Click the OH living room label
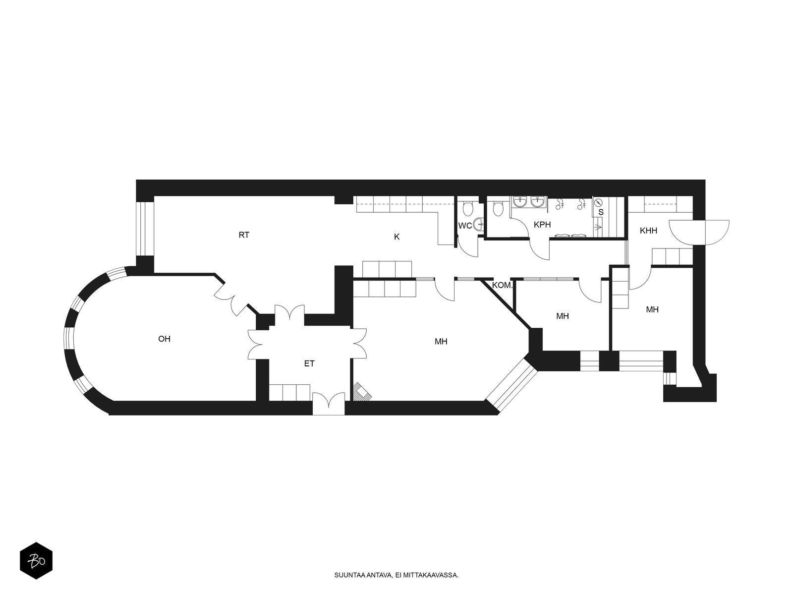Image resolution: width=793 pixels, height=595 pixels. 164,339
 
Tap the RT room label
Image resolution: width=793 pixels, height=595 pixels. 244,235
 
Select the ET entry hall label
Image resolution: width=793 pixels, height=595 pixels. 309,364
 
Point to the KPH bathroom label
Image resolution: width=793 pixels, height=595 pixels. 542,225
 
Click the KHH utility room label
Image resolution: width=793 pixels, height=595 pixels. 648,231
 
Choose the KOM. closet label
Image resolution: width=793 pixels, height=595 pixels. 502,285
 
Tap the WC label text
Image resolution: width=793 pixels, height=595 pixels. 465,226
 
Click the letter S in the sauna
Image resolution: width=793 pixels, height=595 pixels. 601,212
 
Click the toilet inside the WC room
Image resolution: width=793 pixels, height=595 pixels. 468,208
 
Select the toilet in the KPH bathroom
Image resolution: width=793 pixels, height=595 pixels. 498,208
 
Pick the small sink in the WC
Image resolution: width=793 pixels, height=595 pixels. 479,224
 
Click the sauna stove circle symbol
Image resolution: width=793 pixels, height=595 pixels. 598,202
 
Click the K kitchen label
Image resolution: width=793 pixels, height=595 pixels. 396,237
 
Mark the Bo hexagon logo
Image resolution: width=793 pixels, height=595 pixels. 36,561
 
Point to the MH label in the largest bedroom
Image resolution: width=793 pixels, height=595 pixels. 441,342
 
